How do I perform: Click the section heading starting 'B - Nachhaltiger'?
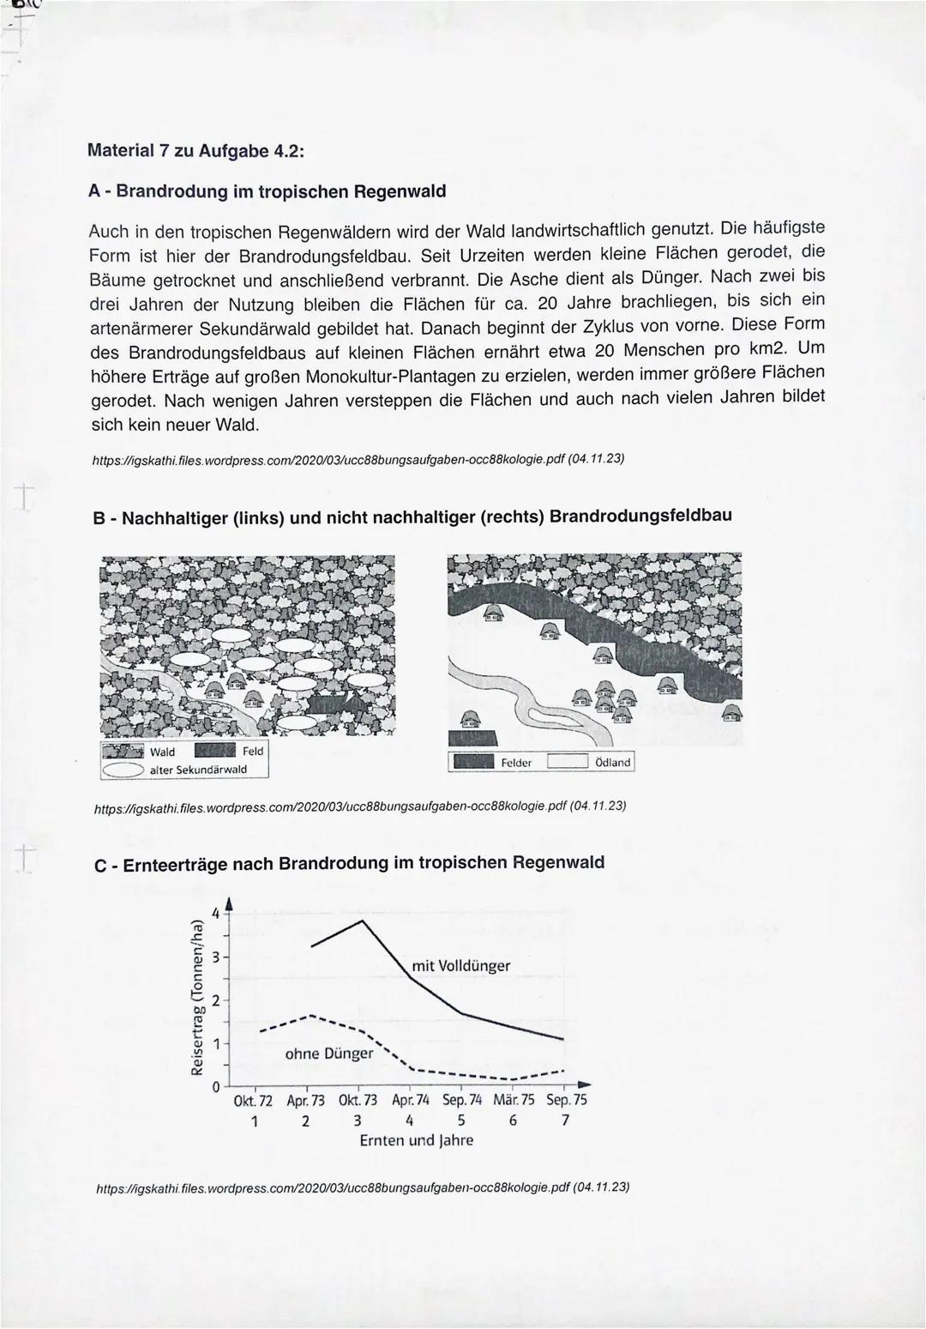pos(412,517)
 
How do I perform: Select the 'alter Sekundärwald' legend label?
pos(197,770)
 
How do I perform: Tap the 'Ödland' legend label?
pos(612,762)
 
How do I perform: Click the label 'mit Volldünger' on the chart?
pos(460,966)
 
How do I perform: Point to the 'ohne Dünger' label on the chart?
pos(328,1054)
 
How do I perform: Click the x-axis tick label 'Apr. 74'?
pos(410,1100)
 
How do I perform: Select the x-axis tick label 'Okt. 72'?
pos(253,1100)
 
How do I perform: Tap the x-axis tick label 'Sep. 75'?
pos(566,1100)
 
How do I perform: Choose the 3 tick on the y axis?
pos(216,957)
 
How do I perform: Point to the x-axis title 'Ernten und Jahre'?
pos(416,1140)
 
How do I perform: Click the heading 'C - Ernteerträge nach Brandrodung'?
pos(349,863)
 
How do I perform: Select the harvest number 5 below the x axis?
pos(461,1121)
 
